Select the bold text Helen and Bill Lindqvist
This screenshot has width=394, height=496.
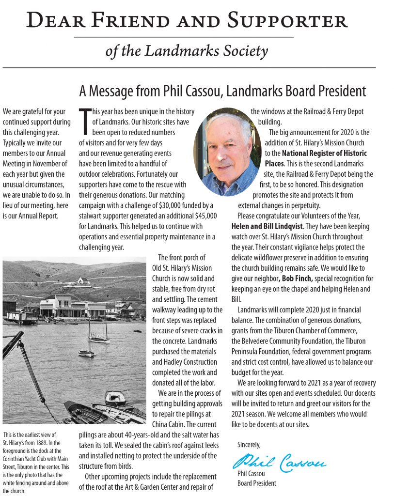coord(266,226)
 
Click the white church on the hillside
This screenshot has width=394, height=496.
coord(83,280)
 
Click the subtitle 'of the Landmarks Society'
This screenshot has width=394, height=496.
coord(187,50)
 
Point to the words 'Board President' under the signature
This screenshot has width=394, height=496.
coord(257,483)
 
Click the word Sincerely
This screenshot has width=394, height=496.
coord(249,444)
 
